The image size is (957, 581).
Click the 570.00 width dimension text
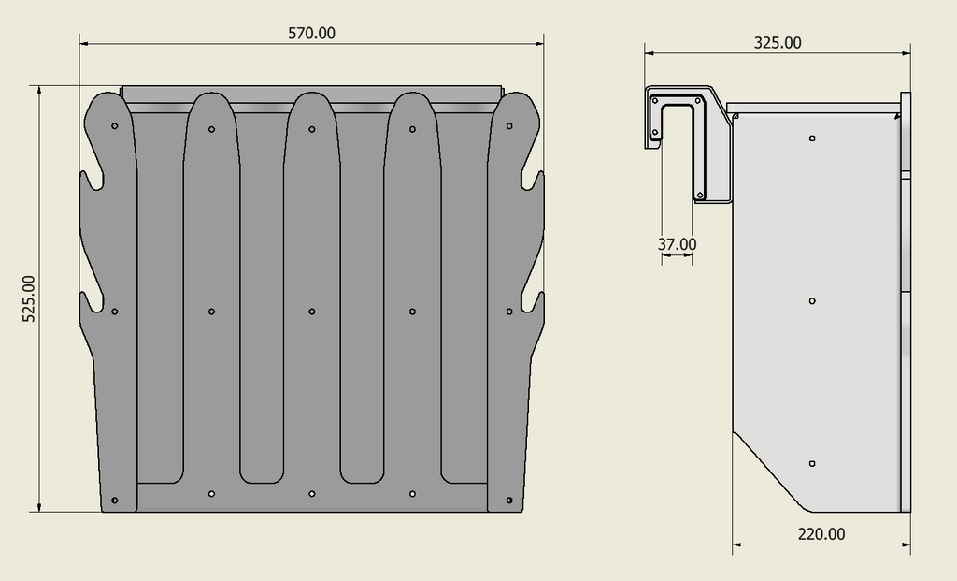pyautogui.click(x=311, y=33)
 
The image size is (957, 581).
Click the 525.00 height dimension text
pyautogui.click(x=29, y=298)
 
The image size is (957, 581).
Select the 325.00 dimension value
pyautogui.click(x=778, y=43)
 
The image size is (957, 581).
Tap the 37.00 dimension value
pyautogui.click(x=677, y=244)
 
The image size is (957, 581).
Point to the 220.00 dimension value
pyautogui.click(x=821, y=534)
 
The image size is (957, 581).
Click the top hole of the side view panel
pyautogui.click(x=812, y=138)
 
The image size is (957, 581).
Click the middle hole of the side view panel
pyautogui.click(x=812, y=301)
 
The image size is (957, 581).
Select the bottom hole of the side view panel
pyautogui.click(x=812, y=464)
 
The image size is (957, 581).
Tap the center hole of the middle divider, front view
pyautogui.click(x=311, y=312)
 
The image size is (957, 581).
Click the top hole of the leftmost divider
pyautogui.click(x=114, y=125)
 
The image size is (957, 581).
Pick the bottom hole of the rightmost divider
pyautogui.click(x=509, y=501)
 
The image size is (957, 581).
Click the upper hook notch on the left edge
pyautogui.click(x=93, y=179)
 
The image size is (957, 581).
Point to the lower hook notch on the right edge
pyautogui.click(x=533, y=301)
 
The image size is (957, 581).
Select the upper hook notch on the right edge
pyautogui.click(x=533, y=180)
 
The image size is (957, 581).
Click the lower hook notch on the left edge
pyautogui.click(x=93, y=302)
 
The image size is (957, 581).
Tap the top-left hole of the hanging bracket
pyautogui.click(x=655, y=99)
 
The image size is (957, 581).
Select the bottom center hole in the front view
pyautogui.click(x=311, y=493)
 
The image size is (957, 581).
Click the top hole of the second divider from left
pyautogui.click(x=212, y=129)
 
